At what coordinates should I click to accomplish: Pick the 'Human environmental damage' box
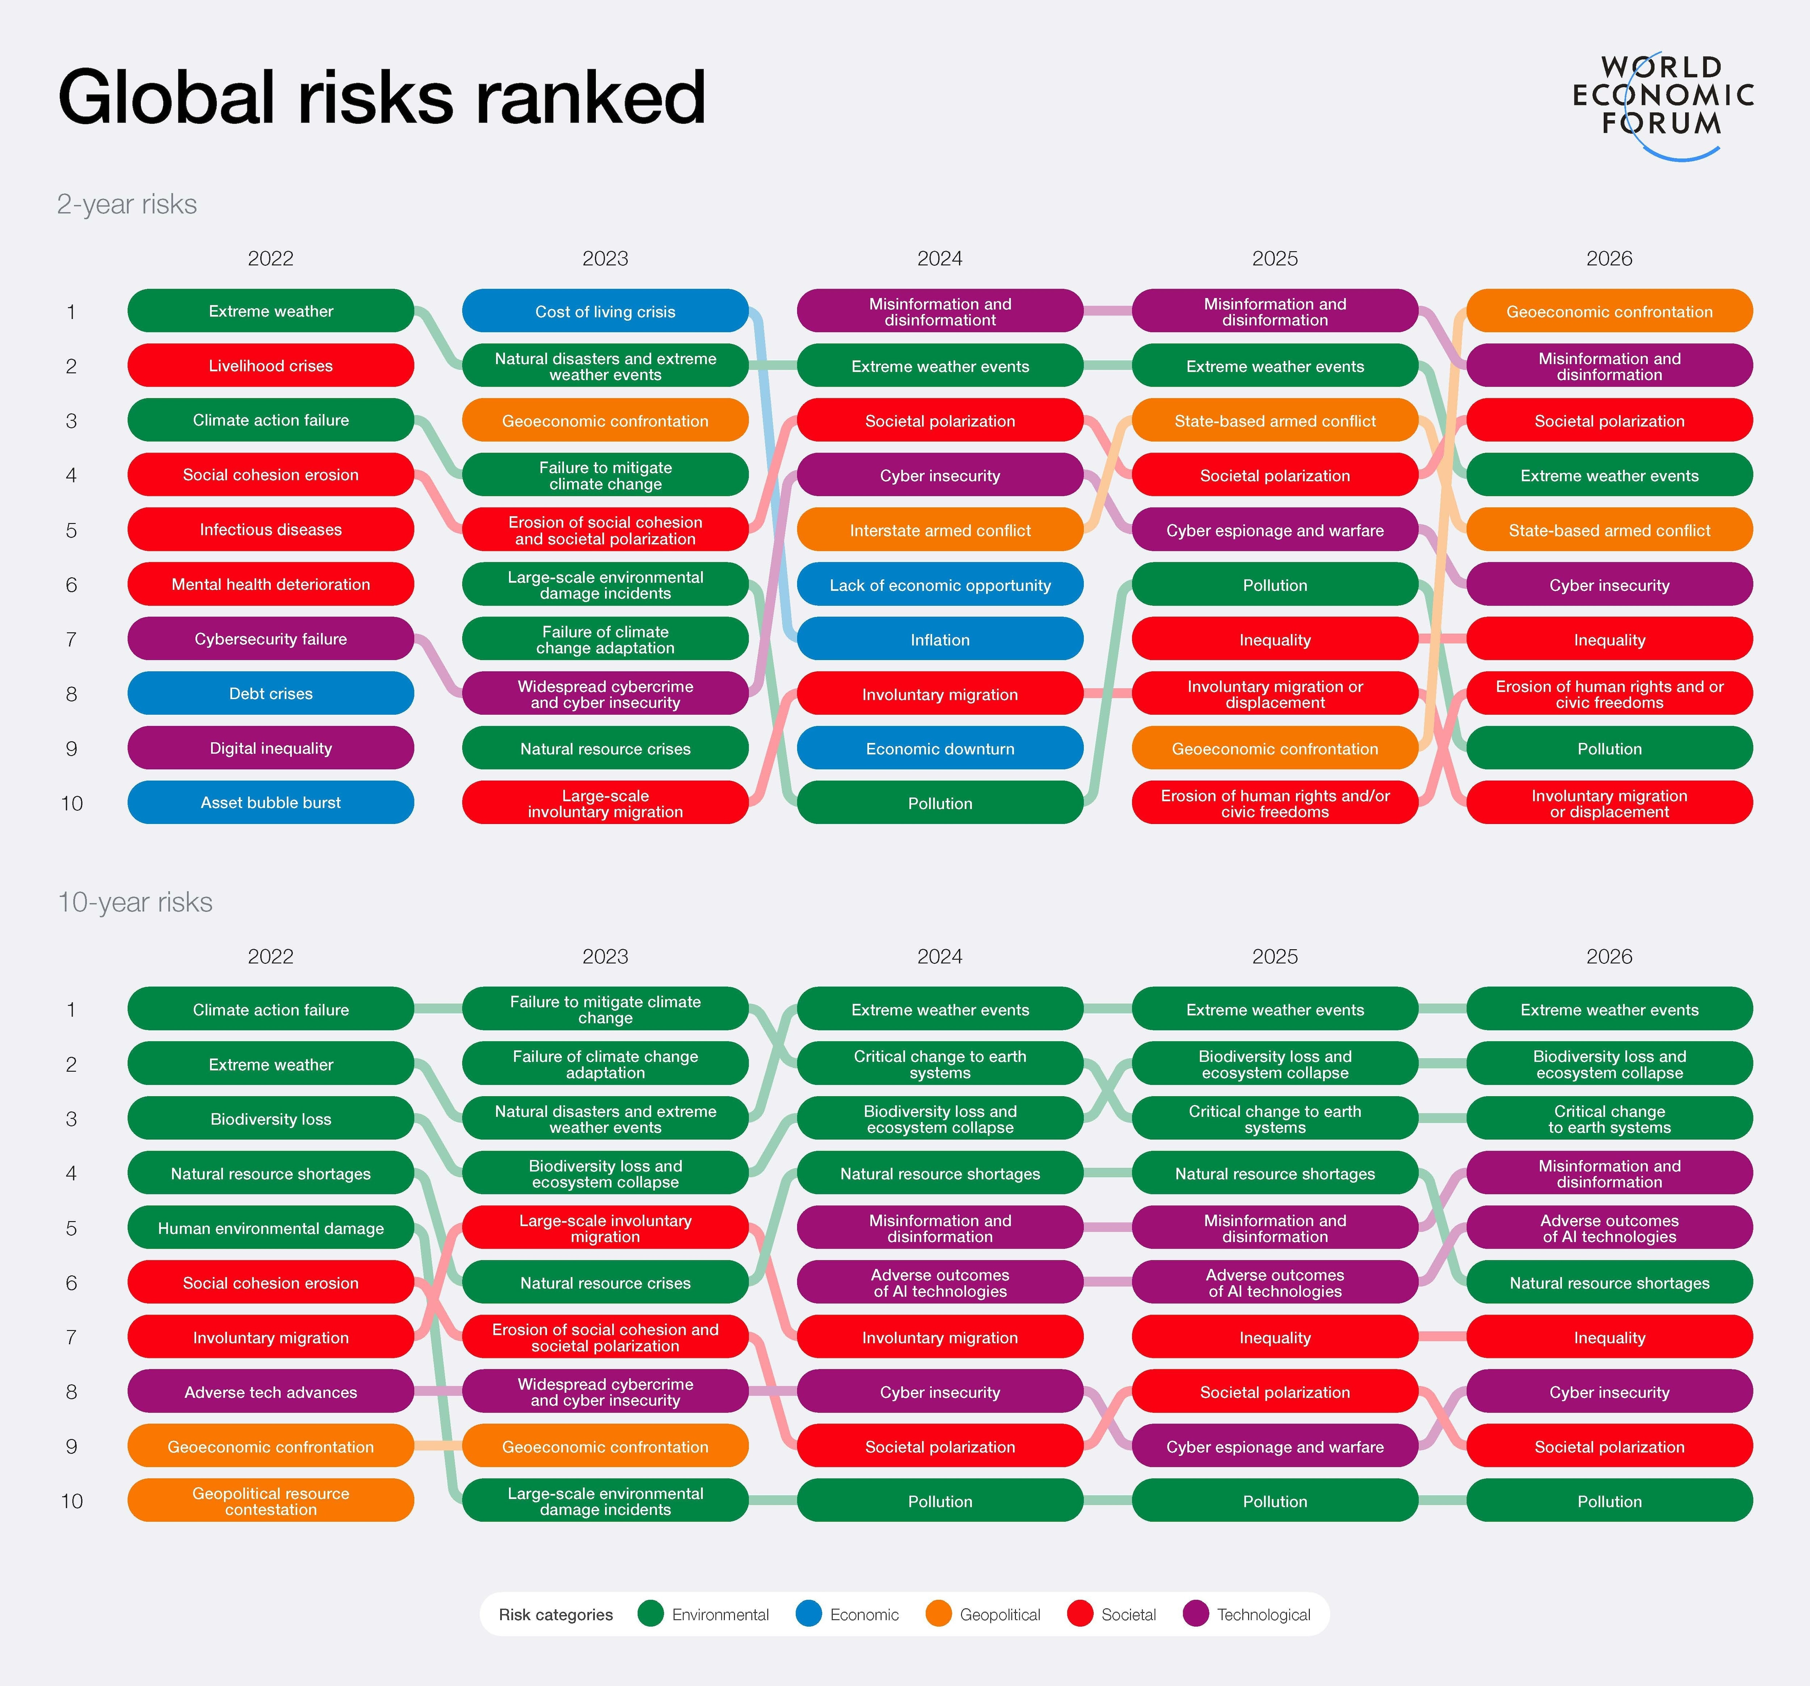(x=270, y=1228)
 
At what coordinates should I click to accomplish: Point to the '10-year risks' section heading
(x=135, y=902)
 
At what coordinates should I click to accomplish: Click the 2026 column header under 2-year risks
(x=1609, y=258)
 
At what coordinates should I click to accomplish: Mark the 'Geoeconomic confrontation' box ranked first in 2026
(x=1609, y=311)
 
